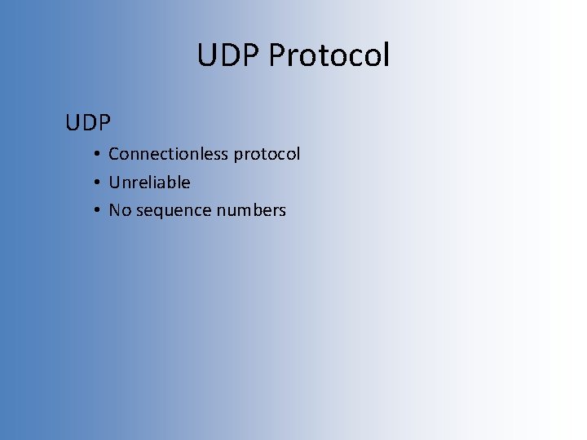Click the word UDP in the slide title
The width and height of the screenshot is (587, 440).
coord(229,55)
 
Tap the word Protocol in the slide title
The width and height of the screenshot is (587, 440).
coord(329,55)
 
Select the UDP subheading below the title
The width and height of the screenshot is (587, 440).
coord(88,123)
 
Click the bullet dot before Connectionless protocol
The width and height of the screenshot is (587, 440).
coord(96,154)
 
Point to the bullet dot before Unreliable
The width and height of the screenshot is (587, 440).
coord(96,183)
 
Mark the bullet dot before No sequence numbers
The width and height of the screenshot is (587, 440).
coord(96,211)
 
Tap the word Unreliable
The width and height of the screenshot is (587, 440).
coord(149,183)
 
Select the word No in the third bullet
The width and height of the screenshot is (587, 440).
coord(120,210)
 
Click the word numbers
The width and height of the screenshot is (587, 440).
coord(251,210)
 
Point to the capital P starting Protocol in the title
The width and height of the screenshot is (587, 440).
coord(276,55)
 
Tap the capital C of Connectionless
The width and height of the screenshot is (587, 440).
coord(114,154)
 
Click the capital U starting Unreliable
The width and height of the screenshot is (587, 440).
coord(114,183)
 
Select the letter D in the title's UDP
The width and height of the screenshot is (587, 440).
coord(230,55)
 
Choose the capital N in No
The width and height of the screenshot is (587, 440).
coord(115,210)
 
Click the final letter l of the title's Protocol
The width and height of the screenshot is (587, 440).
coord(386,55)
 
